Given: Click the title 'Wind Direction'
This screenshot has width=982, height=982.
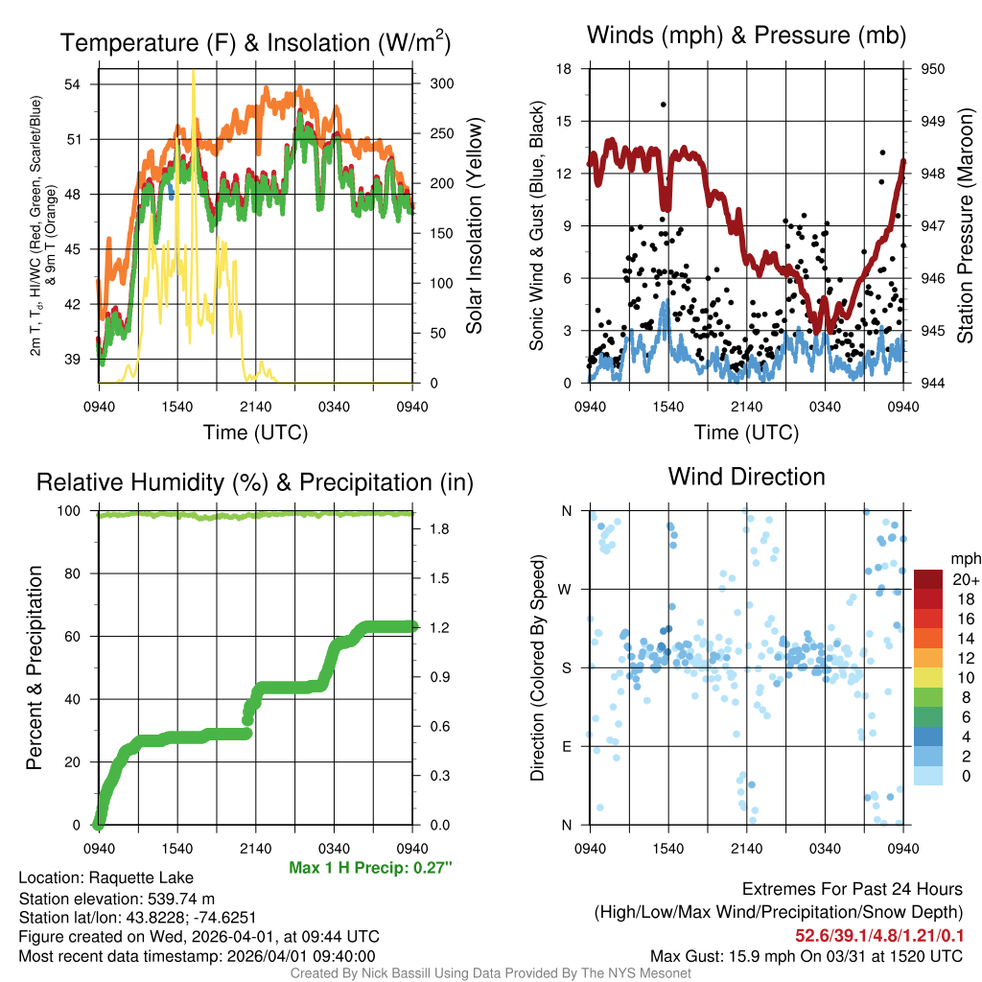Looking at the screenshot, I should pos(746,477).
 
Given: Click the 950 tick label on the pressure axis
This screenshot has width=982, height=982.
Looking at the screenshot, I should pos(933,69).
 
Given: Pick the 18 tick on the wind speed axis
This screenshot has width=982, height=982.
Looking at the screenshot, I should pos(564,69).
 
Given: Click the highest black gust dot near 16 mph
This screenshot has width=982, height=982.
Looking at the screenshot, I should pos(664,105).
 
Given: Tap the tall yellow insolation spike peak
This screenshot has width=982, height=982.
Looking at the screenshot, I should pos(194,72).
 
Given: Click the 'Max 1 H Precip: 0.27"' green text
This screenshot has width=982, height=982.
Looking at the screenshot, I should pos(370,868).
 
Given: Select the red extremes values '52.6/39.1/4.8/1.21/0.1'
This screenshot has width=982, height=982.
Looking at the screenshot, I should pos(878,934).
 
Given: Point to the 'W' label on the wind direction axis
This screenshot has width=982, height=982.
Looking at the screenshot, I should pos(567,589).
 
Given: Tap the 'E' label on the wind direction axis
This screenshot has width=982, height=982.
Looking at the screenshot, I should pos(567,746).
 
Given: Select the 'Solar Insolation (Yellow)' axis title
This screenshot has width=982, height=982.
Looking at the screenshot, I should pos(474,226).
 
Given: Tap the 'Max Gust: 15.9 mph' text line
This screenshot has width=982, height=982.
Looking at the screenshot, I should pos(806,955).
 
